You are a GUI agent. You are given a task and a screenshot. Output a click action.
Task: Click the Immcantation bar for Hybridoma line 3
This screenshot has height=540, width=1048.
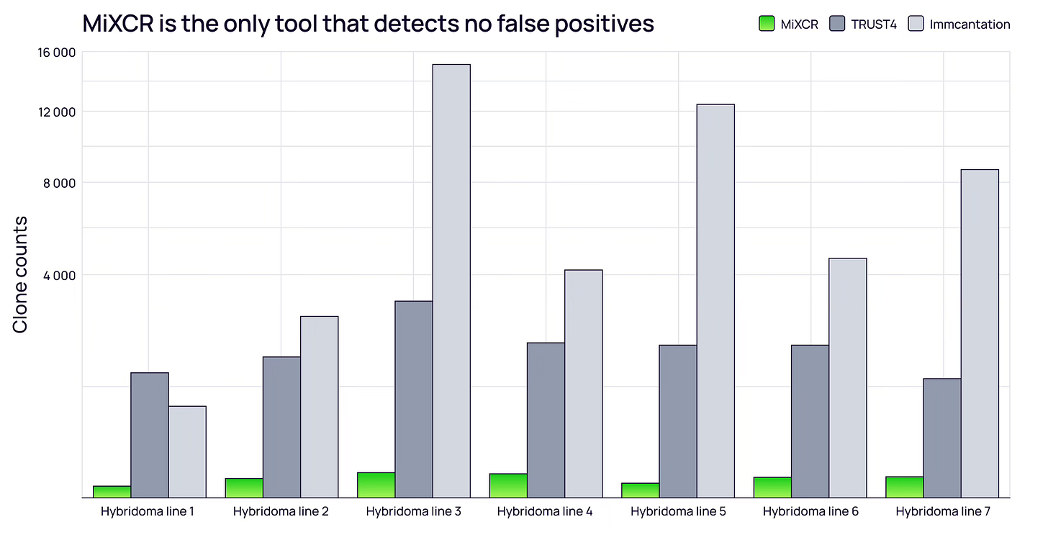pos(451,281)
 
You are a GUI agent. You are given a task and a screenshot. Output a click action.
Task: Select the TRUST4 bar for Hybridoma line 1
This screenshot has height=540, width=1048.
pos(150,435)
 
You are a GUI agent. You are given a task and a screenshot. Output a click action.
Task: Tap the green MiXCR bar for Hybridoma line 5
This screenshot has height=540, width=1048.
pos(640,490)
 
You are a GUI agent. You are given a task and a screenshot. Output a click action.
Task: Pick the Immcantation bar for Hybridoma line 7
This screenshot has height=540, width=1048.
pos(980,333)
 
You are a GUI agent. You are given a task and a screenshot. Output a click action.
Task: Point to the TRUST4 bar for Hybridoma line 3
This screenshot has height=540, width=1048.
pos(414,399)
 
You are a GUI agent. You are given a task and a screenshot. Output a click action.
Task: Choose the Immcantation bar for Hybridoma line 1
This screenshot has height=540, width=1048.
pos(187,451)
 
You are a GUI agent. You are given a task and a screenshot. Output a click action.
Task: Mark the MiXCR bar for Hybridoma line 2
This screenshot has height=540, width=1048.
pos(244,488)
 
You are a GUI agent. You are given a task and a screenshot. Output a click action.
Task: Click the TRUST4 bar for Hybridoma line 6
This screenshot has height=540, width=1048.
pos(810,421)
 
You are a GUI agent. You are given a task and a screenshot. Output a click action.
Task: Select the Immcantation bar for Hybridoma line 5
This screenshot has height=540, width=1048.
pos(715,301)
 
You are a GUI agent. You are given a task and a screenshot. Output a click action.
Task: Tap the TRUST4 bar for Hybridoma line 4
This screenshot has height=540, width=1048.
pos(546,420)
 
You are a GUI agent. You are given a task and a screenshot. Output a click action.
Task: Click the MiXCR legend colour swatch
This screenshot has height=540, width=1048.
pos(766,24)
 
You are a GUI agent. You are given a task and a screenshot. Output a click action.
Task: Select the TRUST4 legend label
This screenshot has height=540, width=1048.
pos(874,24)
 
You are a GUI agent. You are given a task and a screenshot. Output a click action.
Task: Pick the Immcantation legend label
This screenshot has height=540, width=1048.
pos(969,24)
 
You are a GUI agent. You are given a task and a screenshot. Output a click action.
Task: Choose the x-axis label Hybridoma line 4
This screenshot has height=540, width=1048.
pos(545,512)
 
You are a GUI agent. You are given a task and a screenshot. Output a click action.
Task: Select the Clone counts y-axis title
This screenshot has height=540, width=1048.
pos(20,274)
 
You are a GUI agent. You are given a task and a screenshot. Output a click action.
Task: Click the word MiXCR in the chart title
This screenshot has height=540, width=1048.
pos(117,24)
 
